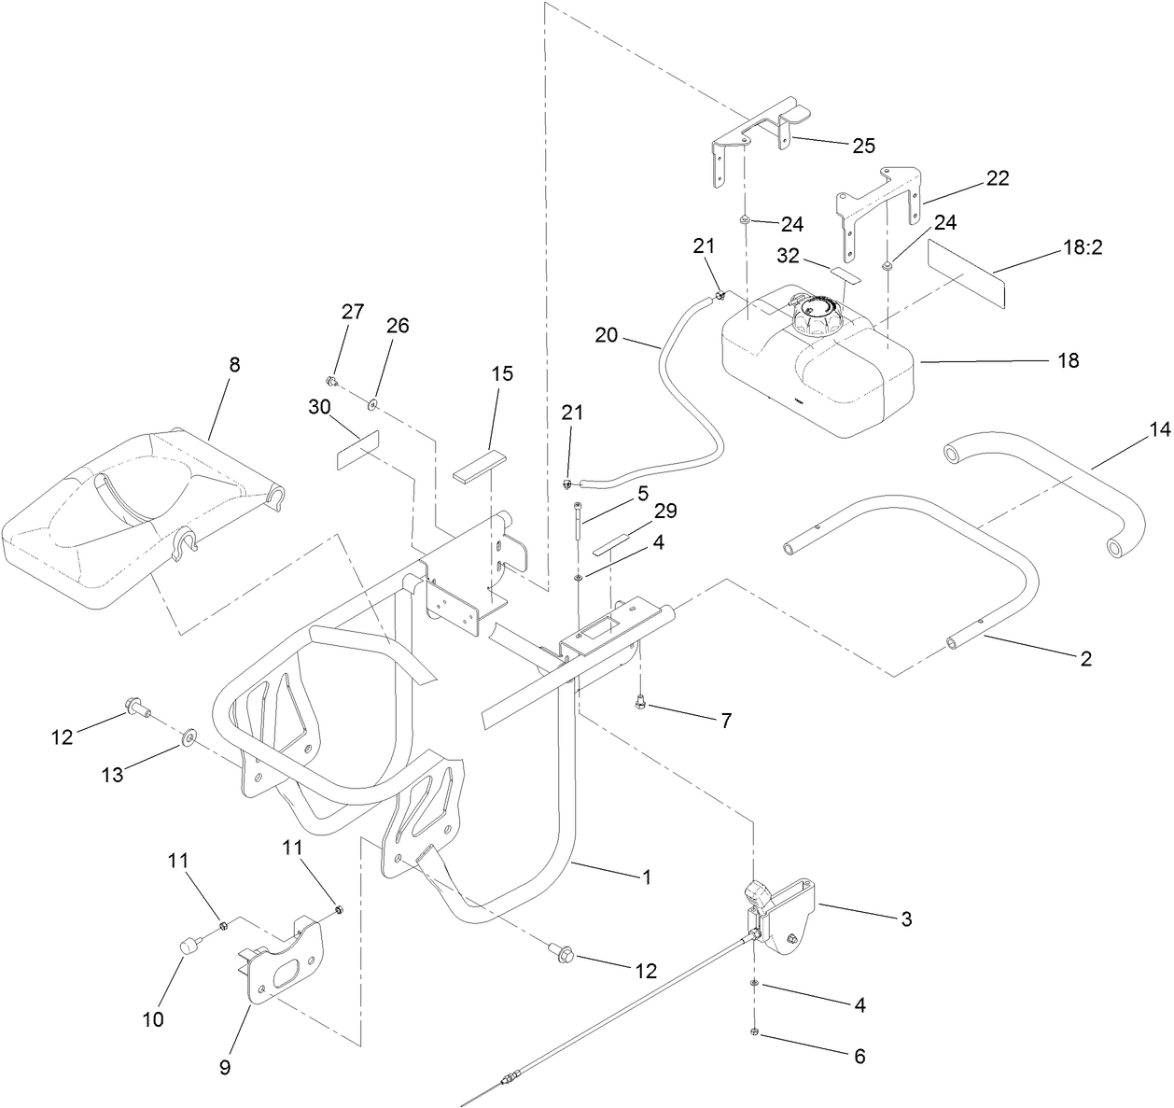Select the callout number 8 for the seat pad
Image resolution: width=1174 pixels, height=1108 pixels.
(x=234, y=365)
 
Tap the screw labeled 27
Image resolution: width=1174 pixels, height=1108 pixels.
(x=331, y=381)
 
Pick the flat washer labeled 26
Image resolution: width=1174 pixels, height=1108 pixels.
(x=372, y=403)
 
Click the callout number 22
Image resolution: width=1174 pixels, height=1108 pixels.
(x=998, y=178)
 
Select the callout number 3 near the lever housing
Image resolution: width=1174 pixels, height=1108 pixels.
(x=904, y=919)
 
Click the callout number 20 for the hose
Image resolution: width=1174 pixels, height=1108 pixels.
(x=607, y=334)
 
